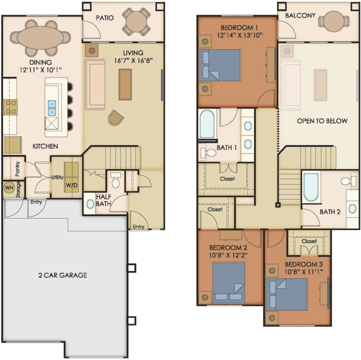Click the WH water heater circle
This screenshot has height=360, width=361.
click(9, 188)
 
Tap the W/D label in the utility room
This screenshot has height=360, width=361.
click(72, 185)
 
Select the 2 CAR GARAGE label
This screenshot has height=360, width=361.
click(63, 275)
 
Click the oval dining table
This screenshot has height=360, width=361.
click(40, 37)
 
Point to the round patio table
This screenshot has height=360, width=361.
click(136, 22)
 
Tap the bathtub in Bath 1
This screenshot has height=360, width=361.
click(207, 124)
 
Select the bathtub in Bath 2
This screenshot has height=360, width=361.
click(311, 187)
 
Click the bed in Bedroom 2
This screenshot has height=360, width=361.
click(228, 283)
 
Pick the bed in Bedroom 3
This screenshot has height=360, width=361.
click(287, 294)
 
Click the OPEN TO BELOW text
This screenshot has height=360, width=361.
click(322, 121)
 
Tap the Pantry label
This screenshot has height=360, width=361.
click(18, 169)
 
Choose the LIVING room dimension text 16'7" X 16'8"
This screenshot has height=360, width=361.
click(133, 60)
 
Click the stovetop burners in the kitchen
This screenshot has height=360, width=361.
click(10, 107)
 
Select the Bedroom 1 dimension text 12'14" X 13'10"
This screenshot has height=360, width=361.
click(240, 35)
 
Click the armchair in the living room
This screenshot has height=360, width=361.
click(116, 118)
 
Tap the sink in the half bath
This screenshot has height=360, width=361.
click(90, 204)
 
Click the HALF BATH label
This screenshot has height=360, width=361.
click(103, 200)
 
